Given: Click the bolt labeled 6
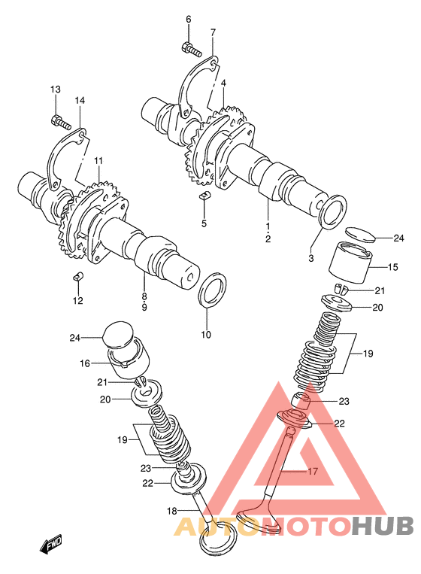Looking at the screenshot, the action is pos(191,49).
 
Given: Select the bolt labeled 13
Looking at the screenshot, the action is pos(59,122).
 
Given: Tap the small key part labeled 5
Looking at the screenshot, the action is pos(204,196).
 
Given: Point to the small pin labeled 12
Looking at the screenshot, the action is pos(78,275).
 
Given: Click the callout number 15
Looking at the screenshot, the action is pos(392,267).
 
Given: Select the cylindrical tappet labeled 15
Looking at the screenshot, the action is pos(350,262).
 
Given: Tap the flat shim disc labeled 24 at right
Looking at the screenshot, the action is pos(361,235).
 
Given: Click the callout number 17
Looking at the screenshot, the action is pos(313,471).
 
